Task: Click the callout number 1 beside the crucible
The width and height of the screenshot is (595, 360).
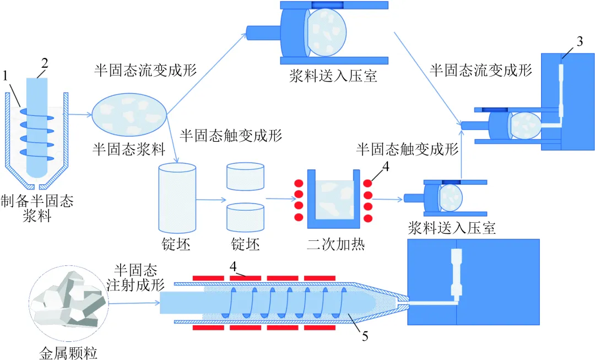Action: coord(5,76)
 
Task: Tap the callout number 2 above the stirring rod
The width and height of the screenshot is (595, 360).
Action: coord(45,63)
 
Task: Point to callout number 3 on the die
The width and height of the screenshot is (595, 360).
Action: coord(580,41)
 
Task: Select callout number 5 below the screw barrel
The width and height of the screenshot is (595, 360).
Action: coord(365,336)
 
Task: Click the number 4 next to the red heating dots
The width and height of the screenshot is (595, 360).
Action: coord(386,166)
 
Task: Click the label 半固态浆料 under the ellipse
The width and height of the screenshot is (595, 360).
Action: coord(128,149)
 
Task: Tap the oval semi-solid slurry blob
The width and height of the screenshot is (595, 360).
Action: coord(129,114)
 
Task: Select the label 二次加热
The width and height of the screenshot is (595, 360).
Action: coord(336,244)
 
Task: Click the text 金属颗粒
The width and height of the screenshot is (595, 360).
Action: coord(68,353)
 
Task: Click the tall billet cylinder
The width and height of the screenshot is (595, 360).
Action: coord(177,198)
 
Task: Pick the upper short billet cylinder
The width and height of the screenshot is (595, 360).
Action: coord(245,176)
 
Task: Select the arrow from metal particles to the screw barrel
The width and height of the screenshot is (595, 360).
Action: coord(134,303)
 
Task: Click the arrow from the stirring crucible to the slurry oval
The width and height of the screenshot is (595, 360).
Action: coord(80,114)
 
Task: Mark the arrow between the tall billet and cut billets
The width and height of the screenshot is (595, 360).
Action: coord(211,200)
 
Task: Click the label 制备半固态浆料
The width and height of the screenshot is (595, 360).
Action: coord(37,208)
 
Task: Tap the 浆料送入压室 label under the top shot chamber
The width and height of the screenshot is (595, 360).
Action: coord(333,76)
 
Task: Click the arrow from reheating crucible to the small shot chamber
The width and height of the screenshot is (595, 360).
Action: coord(387,199)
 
